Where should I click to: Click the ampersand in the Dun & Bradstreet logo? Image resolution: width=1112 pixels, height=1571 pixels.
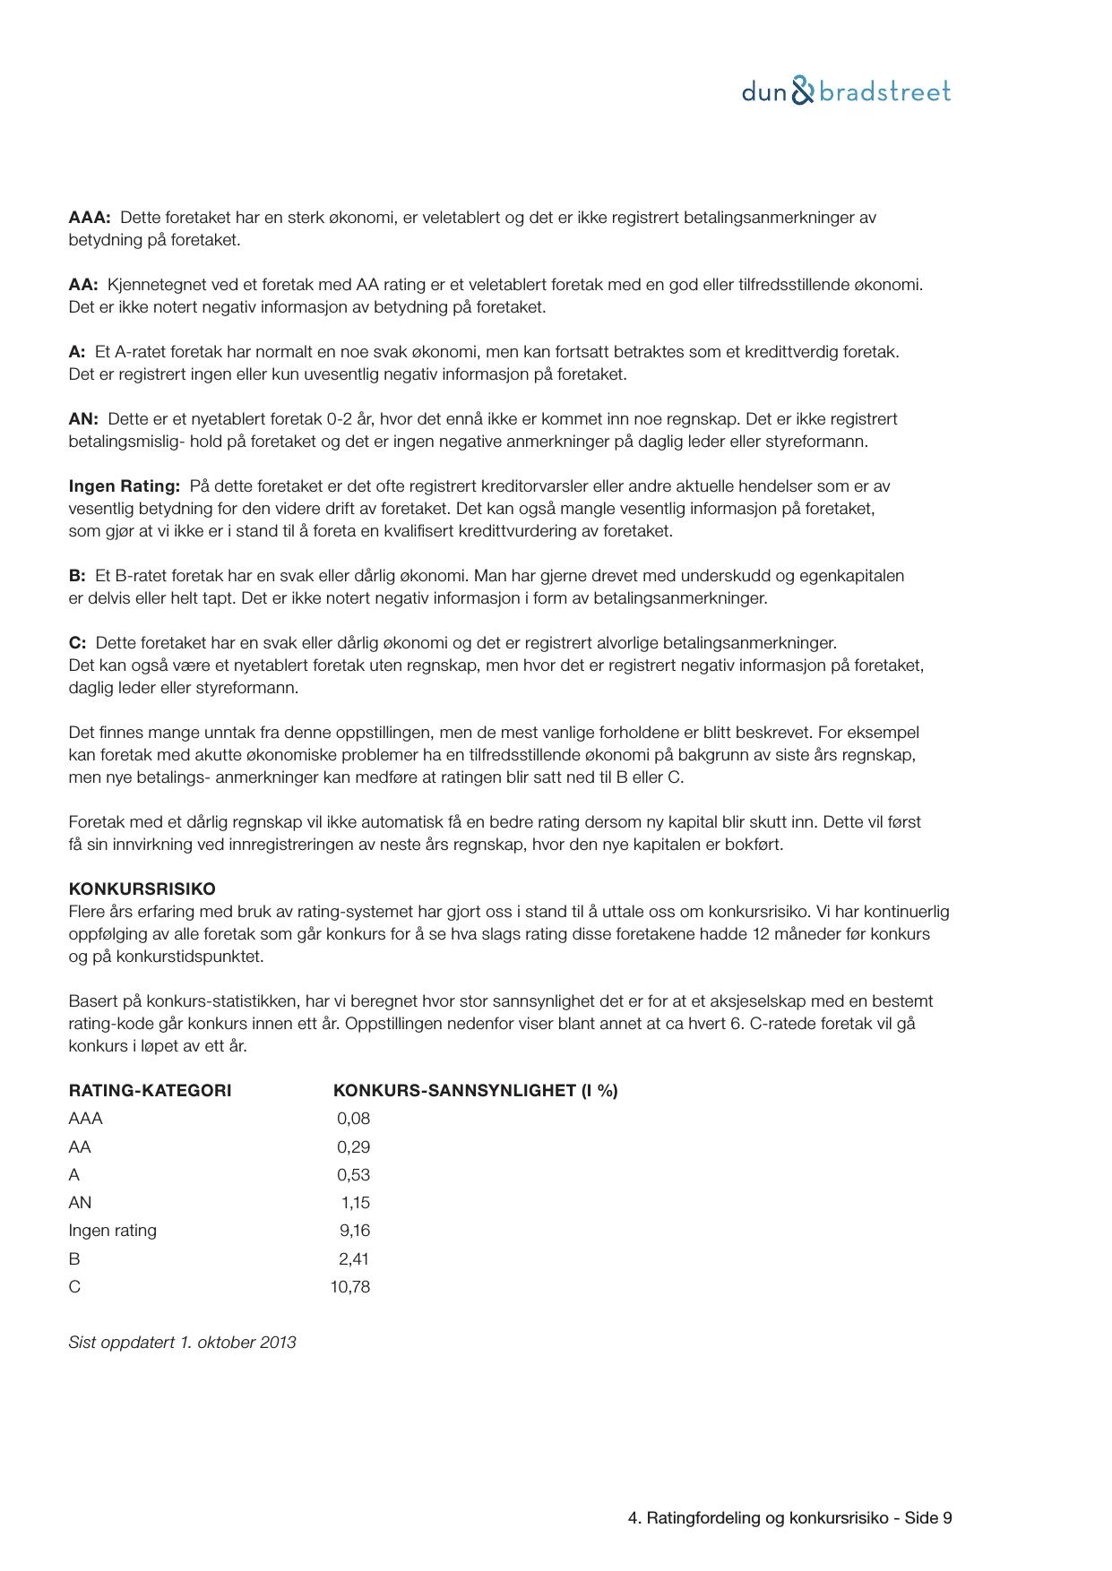coord(804,91)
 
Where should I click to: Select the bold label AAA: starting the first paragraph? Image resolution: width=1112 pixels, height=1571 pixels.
coord(90,218)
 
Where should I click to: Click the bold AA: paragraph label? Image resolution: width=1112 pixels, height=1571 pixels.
coord(83,285)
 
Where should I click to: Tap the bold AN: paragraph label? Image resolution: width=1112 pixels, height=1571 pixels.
coord(83,419)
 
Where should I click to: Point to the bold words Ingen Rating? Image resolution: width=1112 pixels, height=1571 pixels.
coord(125,486)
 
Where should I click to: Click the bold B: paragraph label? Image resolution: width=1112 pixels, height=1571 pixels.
coord(77,576)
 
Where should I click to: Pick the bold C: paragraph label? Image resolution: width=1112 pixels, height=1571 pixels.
coord(77,643)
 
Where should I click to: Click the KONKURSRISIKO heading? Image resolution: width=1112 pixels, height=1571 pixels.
coord(142,889)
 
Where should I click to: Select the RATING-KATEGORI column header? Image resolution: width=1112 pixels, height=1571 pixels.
coord(150,1091)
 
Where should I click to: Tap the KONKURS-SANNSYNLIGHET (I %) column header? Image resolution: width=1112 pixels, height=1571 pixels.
coord(475,1091)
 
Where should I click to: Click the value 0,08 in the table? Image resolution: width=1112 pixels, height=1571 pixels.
coord(353,1119)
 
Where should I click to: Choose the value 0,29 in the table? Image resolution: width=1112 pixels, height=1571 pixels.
coord(353,1147)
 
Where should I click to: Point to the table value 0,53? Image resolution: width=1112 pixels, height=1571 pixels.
coord(353,1175)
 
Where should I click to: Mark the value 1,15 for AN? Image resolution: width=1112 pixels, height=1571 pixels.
coord(355,1203)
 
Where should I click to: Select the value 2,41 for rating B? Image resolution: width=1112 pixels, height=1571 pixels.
coord(354,1259)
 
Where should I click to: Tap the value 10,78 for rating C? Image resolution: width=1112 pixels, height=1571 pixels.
coord(349,1287)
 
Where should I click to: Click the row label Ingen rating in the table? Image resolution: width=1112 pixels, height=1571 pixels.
coord(112,1231)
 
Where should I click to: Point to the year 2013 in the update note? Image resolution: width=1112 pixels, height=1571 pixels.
coord(278,1343)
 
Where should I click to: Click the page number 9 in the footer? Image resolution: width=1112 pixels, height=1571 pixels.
coord(947,1518)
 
